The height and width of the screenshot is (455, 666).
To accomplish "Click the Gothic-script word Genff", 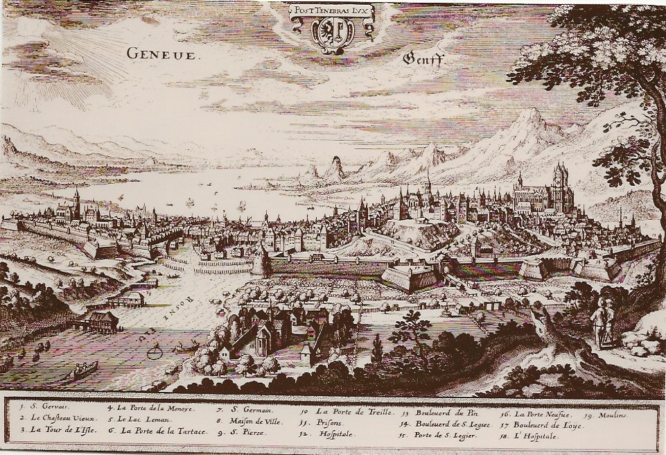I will click(x=424, y=59).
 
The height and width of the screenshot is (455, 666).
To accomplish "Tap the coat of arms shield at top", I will click(x=332, y=34).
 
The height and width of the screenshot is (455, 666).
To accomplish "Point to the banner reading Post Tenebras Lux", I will click(x=332, y=10).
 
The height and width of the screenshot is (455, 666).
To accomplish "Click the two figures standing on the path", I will click(x=602, y=323).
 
